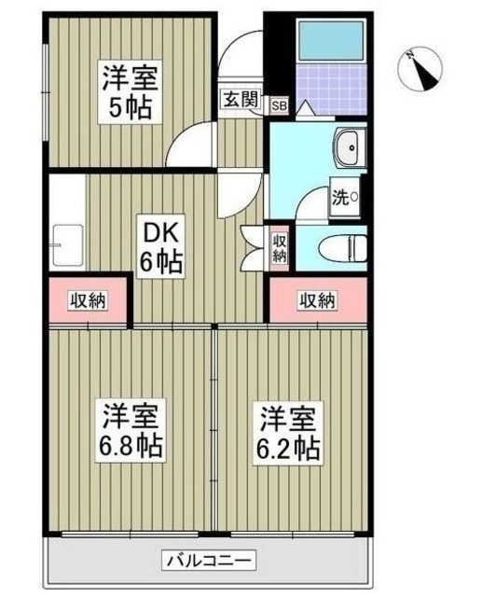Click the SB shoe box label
[x=279, y=105]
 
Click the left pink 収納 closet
[x=86, y=300]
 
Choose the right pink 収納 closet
[x=317, y=300]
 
